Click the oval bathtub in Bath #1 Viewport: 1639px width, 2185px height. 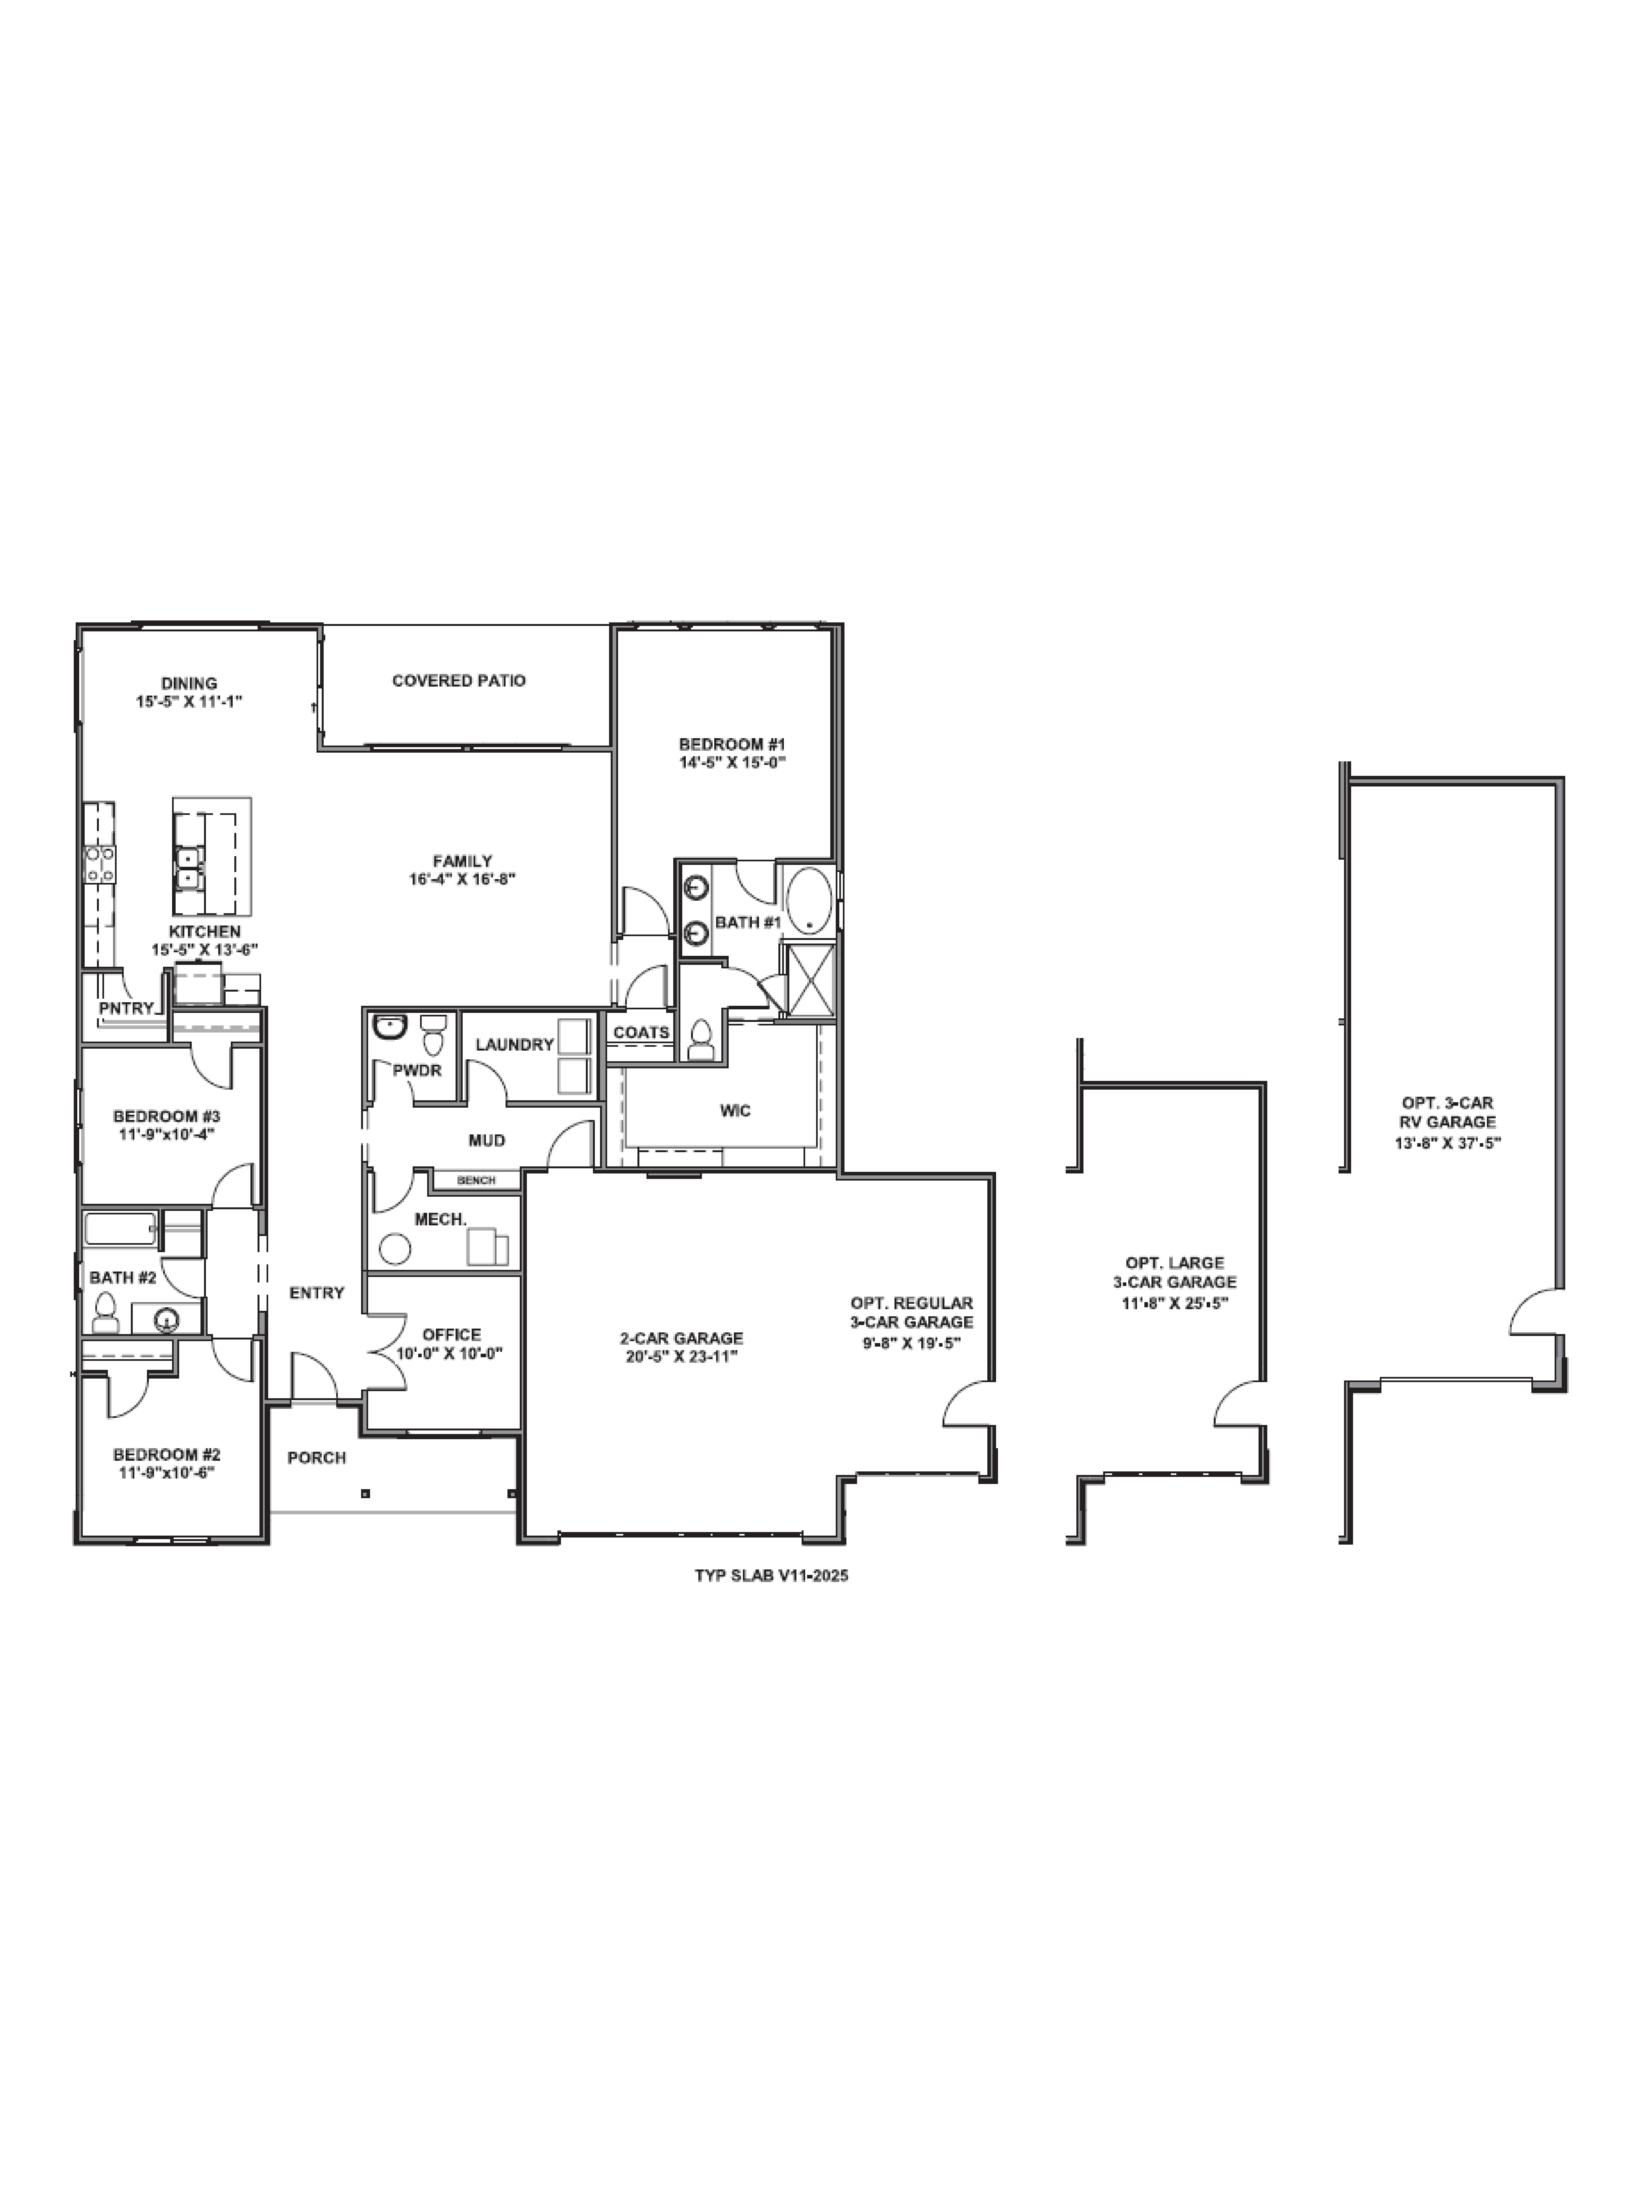(x=808, y=900)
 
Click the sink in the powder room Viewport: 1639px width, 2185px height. (x=389, y=1027)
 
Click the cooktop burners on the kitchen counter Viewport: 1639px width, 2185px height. (x=99, y=864)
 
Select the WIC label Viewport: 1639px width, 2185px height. (x=735, y=1110)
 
